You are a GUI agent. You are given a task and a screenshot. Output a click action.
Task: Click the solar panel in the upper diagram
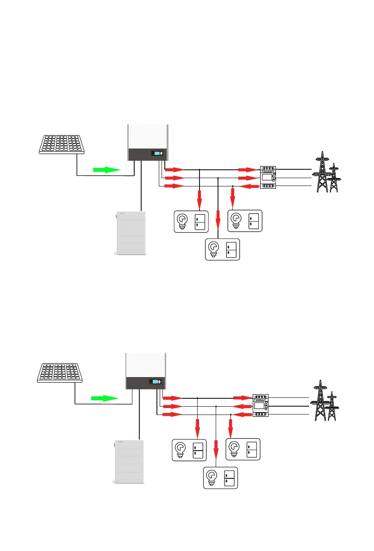62,144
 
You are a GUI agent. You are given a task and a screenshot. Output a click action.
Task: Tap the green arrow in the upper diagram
107,170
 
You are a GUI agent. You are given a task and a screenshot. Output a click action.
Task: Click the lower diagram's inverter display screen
155,382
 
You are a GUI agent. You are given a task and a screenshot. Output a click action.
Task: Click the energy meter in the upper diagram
268,177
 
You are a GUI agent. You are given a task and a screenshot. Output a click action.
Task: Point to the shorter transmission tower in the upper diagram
334,179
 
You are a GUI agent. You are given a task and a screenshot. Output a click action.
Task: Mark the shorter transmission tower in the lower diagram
332,407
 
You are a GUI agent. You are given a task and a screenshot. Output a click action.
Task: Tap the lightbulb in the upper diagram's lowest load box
214,249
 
